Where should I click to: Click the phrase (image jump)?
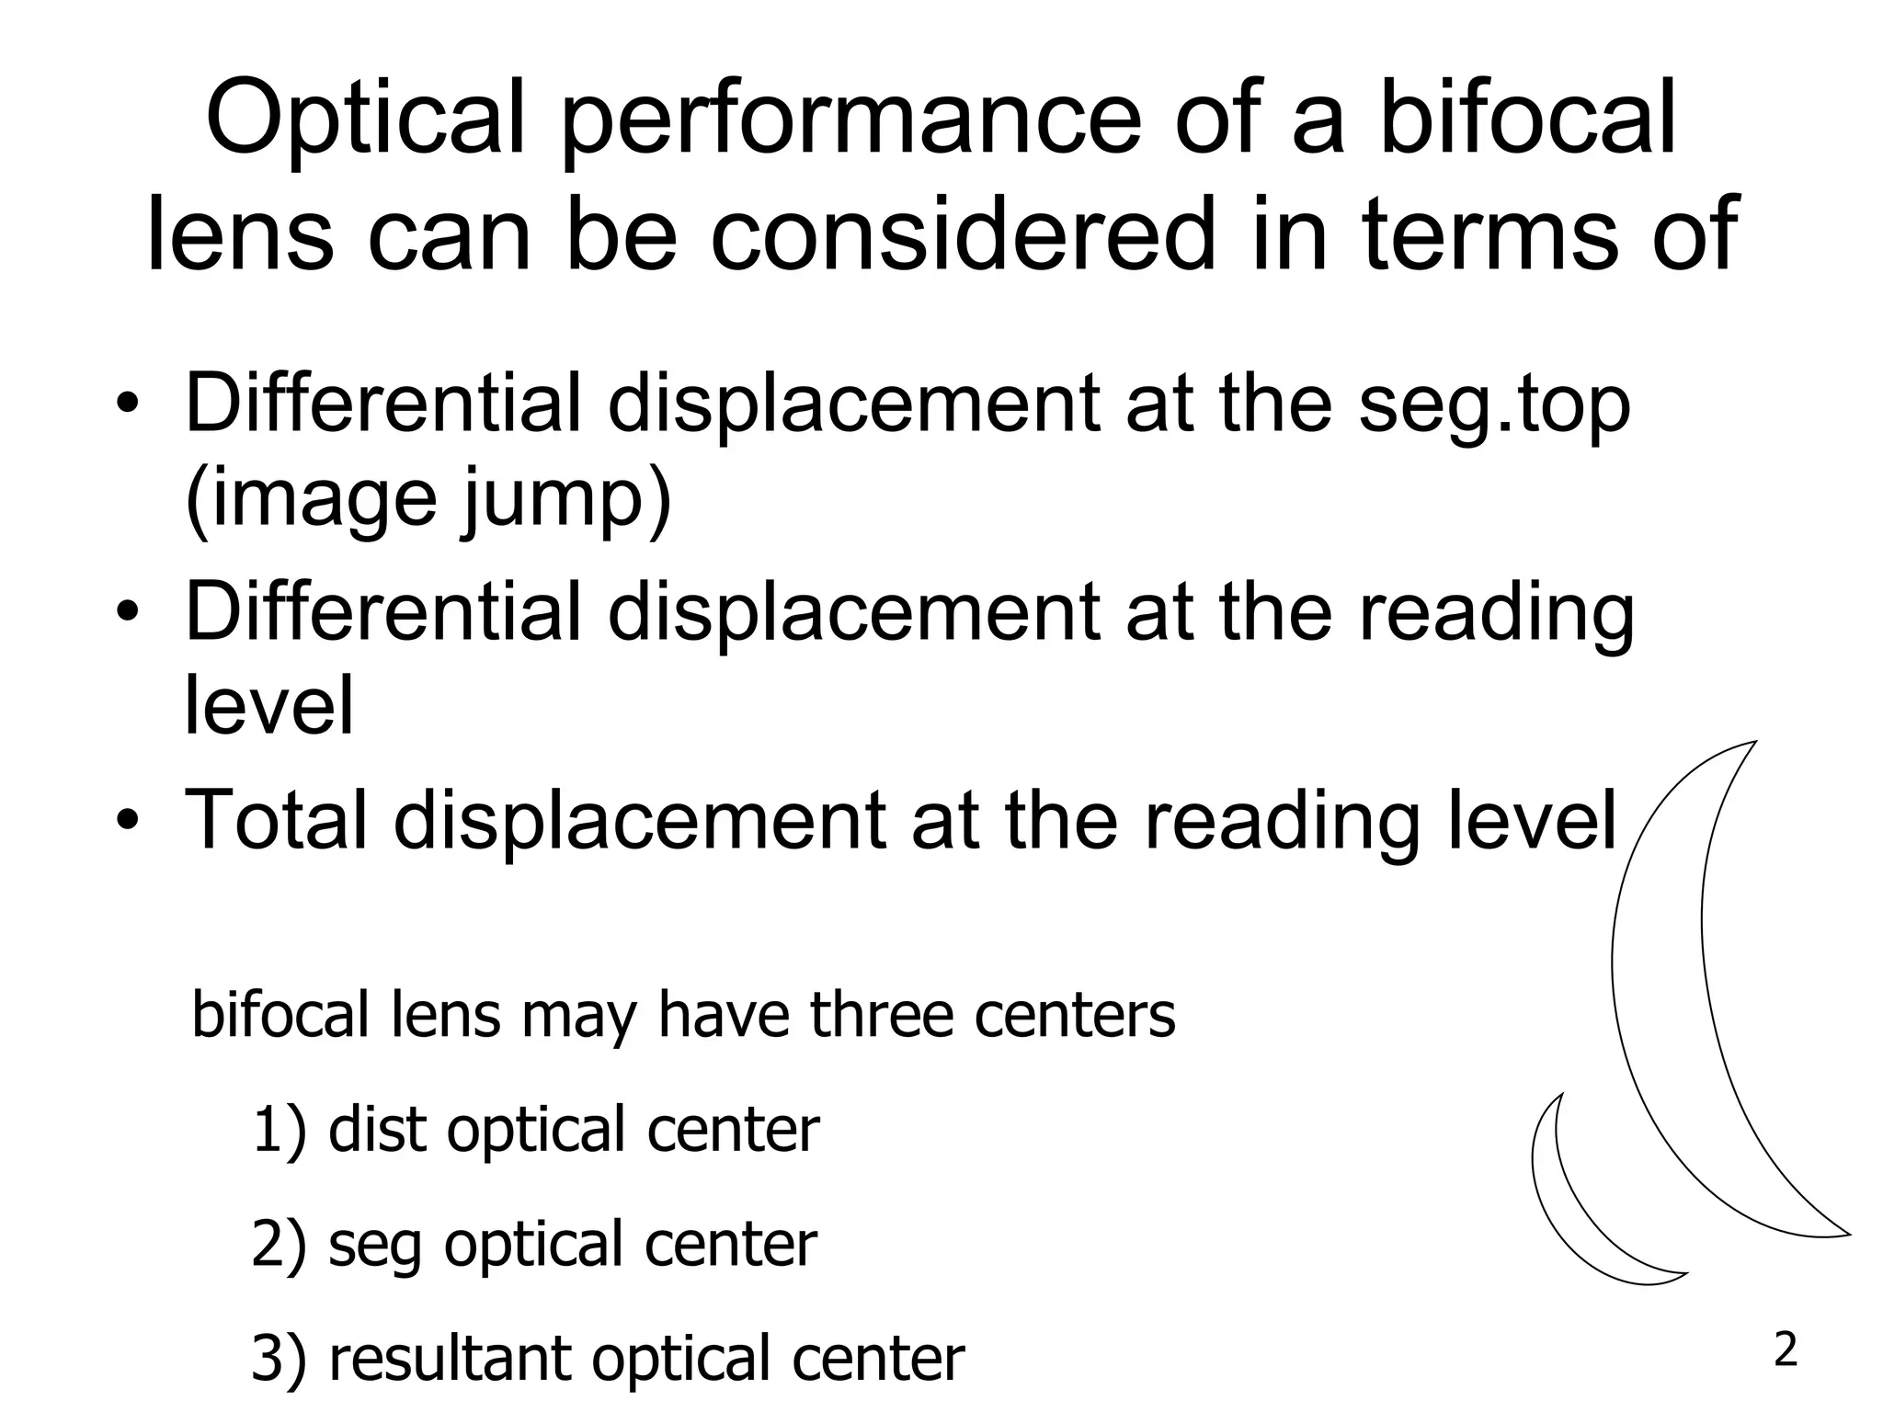click(x=428, y=501)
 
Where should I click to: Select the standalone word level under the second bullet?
click(x=268, y=705)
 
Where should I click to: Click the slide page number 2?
click(x=1785, y=1351)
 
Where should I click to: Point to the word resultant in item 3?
click(x=450, y=1359)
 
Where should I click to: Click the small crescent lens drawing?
click(x=1563, y=1204)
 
